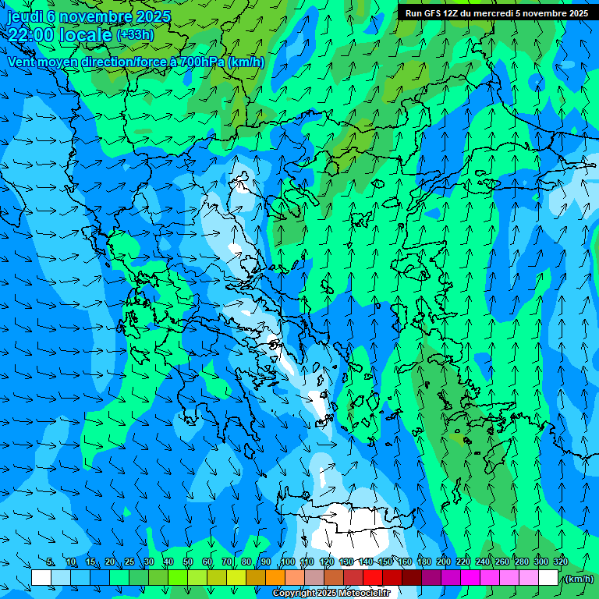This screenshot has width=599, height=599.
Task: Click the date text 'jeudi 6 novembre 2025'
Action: click(87, 16)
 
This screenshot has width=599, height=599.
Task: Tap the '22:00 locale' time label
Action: click(60, 35)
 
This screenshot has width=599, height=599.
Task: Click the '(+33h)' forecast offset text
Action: click(136, 35)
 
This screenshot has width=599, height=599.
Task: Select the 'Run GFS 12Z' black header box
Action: click(497, 12)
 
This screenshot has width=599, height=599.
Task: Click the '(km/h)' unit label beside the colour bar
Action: click(578, 578)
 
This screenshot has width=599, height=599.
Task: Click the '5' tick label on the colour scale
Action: click(51, 562)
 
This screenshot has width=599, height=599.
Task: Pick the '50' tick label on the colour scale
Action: click(187, 562)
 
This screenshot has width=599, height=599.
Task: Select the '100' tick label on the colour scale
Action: click(288, 562)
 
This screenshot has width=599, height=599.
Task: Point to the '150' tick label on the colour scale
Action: click(385, 562)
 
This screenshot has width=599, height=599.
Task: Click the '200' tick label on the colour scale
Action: click(444, 562)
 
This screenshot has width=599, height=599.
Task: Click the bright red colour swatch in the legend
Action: click(372, 578)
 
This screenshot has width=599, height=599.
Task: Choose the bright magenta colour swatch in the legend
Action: click(470, 578)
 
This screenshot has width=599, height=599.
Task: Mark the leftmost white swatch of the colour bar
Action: click(41, 578)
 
